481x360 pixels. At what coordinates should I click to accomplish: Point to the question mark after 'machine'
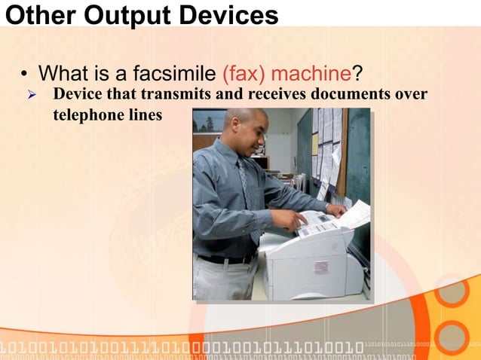pyautogui.click(x=357, y=74)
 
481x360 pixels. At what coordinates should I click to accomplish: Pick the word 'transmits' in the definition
pyautogui.click(x=176, y=95)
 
